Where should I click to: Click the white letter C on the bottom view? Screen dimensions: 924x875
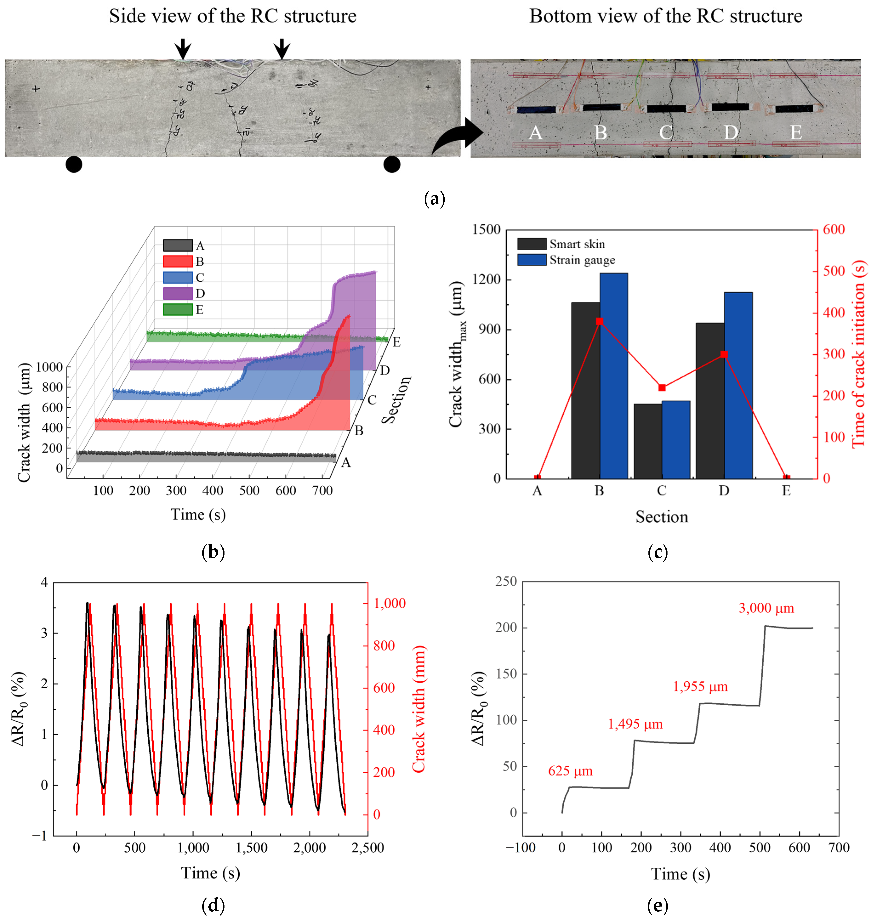point(666,133)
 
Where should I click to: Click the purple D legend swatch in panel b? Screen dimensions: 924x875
point(178,293)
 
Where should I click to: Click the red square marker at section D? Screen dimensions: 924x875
point(724,354)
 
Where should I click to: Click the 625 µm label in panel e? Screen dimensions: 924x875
point(570,771)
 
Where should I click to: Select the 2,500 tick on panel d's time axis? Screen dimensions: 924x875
point(368,847)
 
